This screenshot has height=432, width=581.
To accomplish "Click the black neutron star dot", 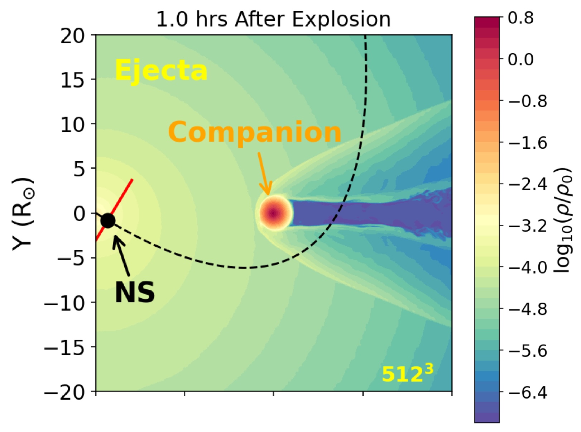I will (x=108, y=220).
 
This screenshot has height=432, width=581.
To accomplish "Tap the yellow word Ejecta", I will (x=161, y=71).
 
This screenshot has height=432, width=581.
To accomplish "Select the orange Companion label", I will (x=255, y=132).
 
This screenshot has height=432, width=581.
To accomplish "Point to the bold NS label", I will (x=135, y=293).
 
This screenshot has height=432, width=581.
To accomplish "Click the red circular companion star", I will (x=274, y=213).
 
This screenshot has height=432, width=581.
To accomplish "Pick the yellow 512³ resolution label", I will (x=407, y=374).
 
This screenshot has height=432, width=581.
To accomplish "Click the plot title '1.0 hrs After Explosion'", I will (x=273, y=19).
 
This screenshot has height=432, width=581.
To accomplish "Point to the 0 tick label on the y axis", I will (x=80, y=214).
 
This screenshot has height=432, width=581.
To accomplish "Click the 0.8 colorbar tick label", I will (x=521, y=18).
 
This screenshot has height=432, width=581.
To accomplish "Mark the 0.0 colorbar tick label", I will (x=521, y=59).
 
